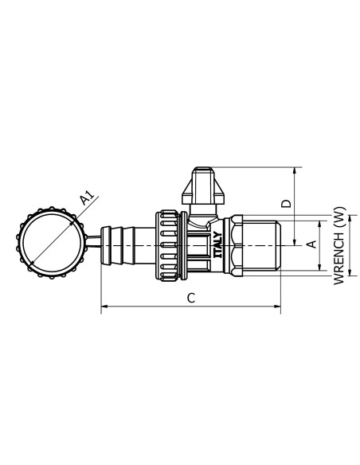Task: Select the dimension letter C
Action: (x=190, y=297)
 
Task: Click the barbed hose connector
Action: (x=120, y=244)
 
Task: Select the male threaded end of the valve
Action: (x=260, y=244)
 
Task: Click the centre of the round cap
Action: (x=49, y=244)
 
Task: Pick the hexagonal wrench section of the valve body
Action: (x=229, y=244)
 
